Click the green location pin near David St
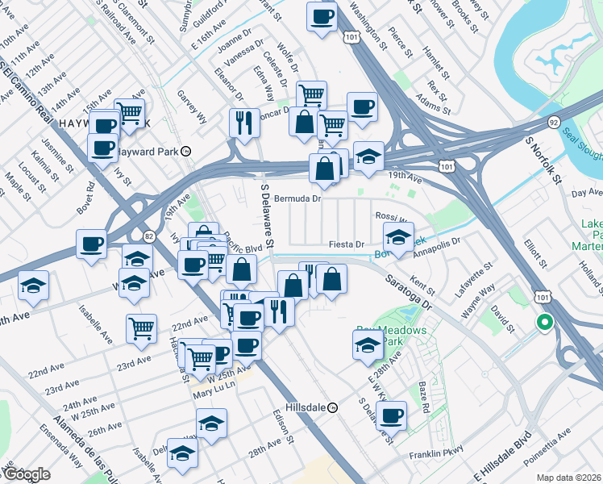point(544,323)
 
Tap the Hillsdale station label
point(308,408)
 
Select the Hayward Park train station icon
point(185,151)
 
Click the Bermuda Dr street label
point(297,198)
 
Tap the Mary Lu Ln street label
point(212,394)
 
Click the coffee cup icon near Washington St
point(322,16)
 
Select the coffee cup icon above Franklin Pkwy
point(391,415)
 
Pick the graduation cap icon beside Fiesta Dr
point(398,237)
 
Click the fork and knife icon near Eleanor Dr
point(243,123)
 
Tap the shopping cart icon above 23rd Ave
point(141,328)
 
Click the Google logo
point(26,474)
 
